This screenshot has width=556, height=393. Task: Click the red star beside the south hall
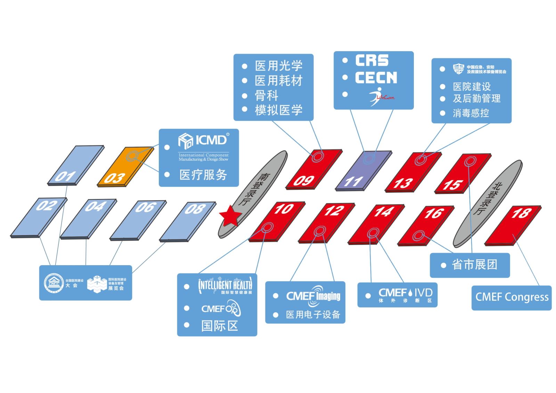[x=230, y=215]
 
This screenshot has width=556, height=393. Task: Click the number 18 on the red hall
[x=521, y=213]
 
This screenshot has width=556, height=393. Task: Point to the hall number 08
[x=195, y=209]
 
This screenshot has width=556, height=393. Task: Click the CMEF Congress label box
[x=511, y=297]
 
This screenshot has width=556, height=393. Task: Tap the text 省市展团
[x=474, y=265]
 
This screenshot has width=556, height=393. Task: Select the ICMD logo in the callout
[x=203, y=140]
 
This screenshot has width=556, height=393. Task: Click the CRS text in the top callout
[x=371, y=61]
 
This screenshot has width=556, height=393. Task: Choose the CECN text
[x=376, y=78]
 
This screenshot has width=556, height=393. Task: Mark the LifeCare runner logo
[x=380, y=96]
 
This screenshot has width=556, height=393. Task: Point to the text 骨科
[x=267, y=96]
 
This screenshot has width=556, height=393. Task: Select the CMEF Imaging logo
[x=313, y=296]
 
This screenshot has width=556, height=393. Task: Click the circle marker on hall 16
[x=418, y=236]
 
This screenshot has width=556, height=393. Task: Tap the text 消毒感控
[x=471, y=113]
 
